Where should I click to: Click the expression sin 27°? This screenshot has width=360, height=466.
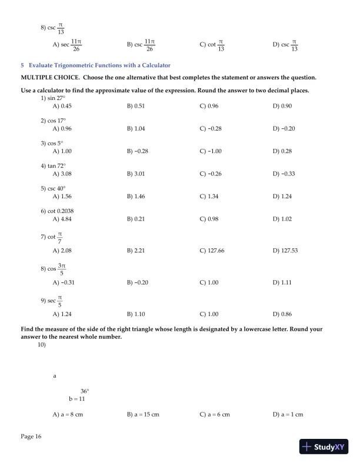[56, 98]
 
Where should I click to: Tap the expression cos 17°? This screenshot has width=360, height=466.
[56, 120]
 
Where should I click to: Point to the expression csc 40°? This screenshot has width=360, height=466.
[56, 188]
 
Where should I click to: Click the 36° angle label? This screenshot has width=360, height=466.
[85, 391]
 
